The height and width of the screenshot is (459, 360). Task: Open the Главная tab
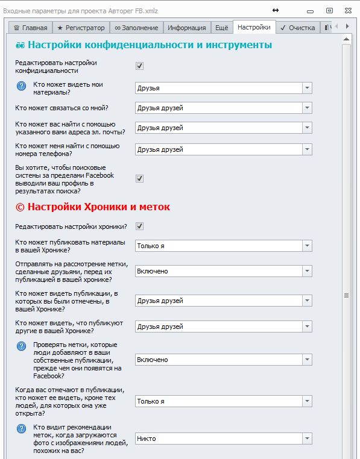pos(30,28)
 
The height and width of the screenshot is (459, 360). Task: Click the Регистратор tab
pos(80,28)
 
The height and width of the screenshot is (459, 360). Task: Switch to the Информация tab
pos(186,28)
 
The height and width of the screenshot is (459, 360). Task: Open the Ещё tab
pos(221,28)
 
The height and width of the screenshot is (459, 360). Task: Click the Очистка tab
pos(297,28)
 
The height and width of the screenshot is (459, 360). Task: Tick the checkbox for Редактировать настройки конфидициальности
pos(140,66)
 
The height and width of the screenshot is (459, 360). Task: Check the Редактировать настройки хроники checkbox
pos(140,226)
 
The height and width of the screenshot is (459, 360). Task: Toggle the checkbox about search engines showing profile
pos(140,178)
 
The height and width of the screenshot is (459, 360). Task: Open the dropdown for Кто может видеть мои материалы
pos(307,88)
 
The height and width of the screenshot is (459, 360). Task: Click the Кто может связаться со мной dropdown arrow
pos(307,108)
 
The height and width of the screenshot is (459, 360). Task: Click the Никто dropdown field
pos(223,439)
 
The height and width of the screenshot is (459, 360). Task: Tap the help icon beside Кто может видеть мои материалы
pos(21,86)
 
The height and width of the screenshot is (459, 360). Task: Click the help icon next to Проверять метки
pos(21,346)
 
